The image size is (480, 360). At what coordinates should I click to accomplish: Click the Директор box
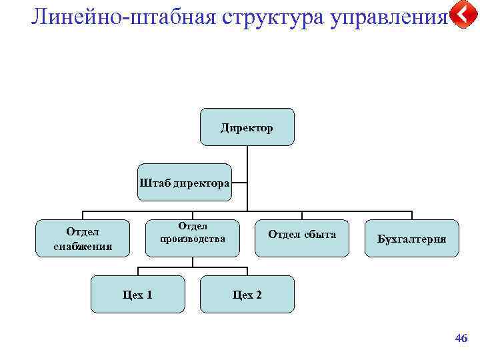pyautogui.click(x=247, y=127)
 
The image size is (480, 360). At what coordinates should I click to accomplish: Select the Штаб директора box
pyautogui.click(x=185, y=182)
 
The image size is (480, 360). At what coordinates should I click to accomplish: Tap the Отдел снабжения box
pyautogui.click(x=83, y=238)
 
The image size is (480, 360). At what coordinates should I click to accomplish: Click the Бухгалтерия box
pyautogui.click(x=412, y=238)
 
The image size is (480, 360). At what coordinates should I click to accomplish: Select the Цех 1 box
pyautogui.click(x=138, y=294)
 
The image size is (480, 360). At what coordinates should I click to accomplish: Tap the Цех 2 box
pyautogui.click(x=247, y=294)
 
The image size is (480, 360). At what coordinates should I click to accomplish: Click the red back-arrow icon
pyautogui.click(x=463, y=15)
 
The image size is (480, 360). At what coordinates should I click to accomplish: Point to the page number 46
pyautogui.click(x=461, y=339)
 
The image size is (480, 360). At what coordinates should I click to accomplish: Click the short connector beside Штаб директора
pyautogui.click(x=239, y=182)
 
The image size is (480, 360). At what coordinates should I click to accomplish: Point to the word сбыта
pyautogui.click(x=320, y=234)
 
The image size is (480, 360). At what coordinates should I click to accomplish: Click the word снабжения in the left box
pyautogui.click(x=83, y=245)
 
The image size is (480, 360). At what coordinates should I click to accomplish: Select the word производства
pyautogui.click(x=192, y=238)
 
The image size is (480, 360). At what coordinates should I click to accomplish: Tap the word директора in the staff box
pyautogui.click(x=201, y=182)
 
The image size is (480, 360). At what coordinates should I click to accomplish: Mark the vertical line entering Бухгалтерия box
pyautogui.click(x=412, y=215)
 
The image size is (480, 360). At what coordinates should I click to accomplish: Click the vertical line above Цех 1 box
pyautogui.click(x=138, y=271)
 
